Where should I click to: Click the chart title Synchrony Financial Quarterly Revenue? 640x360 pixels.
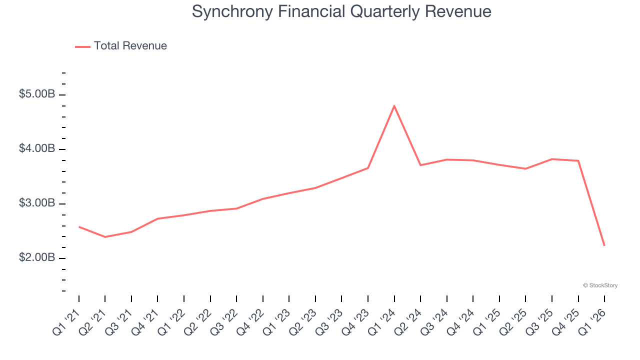tap(341, 11)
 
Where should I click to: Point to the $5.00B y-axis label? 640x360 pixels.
tap(37, 94)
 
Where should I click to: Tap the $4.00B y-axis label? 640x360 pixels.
tap(37, 148)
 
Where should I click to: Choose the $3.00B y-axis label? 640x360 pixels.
tap(37, 203)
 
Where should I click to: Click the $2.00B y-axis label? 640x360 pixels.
tap(37, 257)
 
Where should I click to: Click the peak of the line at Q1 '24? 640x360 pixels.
tap(394, 106)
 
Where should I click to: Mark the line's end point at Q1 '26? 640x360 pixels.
tap(604, 245)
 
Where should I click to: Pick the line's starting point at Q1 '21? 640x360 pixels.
tap(79, 227)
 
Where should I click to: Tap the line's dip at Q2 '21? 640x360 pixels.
tap(105, 236)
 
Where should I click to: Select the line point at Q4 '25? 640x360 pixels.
tap(578, 160)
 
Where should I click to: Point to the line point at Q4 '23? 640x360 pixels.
tap(368, 168)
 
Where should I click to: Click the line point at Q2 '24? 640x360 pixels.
tap(420, 165)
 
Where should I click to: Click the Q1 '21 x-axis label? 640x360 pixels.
tap(67, 321)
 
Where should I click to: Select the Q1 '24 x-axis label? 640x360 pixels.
tap(382, 321)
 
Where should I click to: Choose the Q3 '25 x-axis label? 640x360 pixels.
tap(540, 321)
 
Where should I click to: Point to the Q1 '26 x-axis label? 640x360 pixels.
tap(593, 321)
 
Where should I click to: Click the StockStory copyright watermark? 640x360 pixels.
tap(600, 285)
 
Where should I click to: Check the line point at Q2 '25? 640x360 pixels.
tap(525, 168)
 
